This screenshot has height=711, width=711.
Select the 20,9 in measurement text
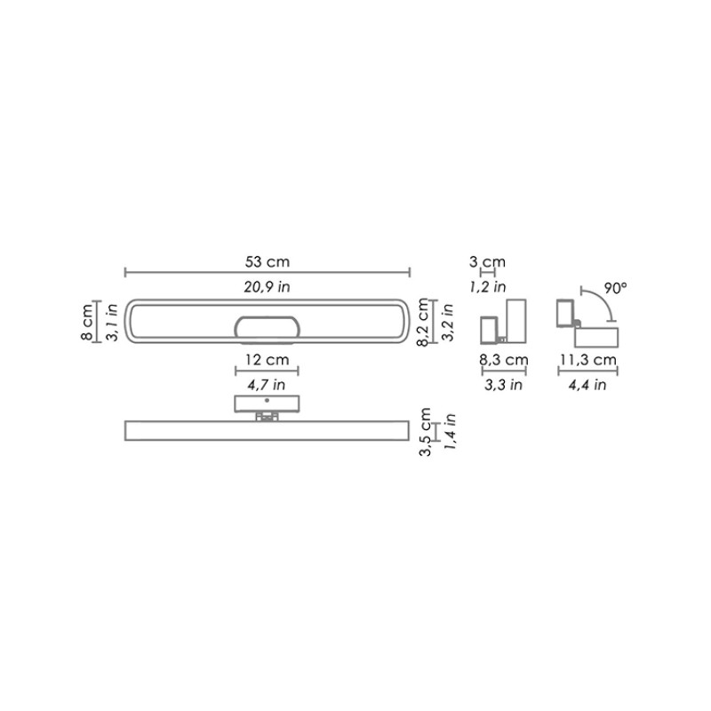268,285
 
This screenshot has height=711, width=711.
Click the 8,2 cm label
426,321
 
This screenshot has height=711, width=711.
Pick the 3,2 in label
448,321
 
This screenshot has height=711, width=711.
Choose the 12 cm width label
267,360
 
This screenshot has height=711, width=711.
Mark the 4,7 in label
267,385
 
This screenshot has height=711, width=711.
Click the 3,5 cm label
426,433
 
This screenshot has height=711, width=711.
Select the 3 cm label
487,261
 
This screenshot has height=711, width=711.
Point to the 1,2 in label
487,286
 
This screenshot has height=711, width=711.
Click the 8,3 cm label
504,360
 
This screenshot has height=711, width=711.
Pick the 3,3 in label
504,385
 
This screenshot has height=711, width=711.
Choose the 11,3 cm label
587,360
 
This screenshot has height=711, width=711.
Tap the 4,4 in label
587,385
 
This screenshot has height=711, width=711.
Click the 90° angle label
615,288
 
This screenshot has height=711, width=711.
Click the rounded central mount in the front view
267,326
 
